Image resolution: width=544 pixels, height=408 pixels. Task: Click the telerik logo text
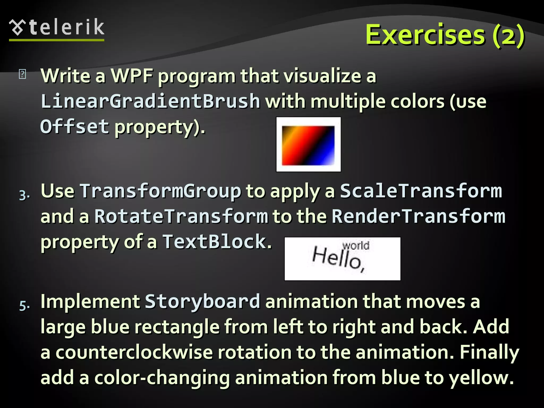click(x=66, y=27)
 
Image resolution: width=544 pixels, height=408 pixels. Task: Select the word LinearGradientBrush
click(x=150, y=101)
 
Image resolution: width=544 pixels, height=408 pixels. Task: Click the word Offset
click(x=75, y=127)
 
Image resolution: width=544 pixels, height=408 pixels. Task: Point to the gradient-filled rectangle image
click(x=308, y=145)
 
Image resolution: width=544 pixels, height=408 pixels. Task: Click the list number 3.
click(x=24, y=195)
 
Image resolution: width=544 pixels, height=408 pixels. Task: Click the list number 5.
click(x=24, y=306)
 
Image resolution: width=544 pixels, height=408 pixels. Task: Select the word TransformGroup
click(x=160, y=191)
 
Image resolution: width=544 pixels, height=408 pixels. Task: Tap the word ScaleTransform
click(x=421, y=191)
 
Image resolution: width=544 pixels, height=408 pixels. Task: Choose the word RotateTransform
click(x=181, y=216)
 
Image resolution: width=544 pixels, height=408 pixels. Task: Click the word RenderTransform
click(x=419, y=216)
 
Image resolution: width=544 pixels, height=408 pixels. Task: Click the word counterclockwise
click(x=134, y=352)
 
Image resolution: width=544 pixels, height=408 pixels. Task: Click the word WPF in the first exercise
click(x=132, y=76)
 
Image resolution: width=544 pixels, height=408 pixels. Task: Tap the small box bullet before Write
click(x=23, y=74)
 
